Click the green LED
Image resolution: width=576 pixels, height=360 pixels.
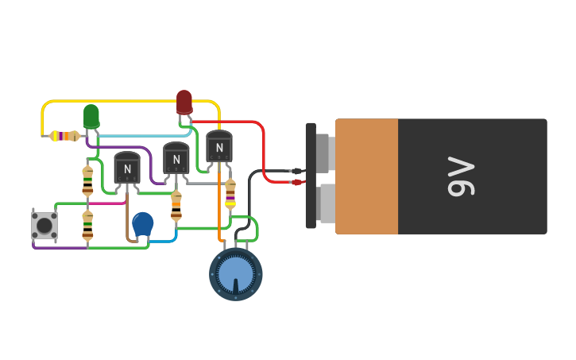91,116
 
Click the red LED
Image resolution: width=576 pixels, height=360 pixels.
184,102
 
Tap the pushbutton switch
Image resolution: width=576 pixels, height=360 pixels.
44,226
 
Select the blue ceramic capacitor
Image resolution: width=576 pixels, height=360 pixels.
143,224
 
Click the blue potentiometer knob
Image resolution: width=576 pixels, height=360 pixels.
236,274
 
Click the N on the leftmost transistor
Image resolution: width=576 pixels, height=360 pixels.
127,169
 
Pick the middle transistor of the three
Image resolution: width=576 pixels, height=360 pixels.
176,158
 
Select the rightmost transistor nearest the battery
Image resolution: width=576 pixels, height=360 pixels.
218,147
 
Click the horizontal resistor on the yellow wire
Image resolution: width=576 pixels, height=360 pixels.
64,136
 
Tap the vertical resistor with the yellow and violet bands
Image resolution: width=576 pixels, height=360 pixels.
230,193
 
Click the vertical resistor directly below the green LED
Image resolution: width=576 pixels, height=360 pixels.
87,180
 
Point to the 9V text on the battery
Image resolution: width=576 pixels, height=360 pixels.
461,176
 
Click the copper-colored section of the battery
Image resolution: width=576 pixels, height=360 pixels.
366,176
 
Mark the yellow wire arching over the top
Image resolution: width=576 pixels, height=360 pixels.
127,101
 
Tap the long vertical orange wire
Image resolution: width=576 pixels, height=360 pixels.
220,207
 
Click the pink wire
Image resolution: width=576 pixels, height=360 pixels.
107,203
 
